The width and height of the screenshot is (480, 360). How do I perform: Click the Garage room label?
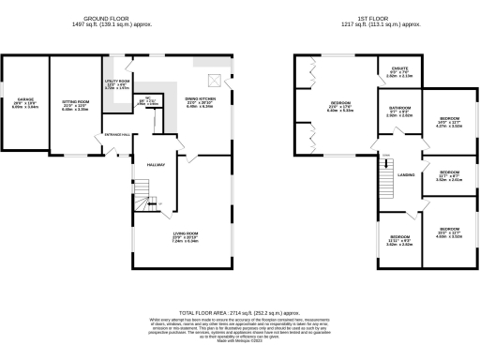25,101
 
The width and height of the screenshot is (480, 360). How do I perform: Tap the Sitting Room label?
74,101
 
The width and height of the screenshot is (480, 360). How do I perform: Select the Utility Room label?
117,83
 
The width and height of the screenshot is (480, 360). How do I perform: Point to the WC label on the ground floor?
148,99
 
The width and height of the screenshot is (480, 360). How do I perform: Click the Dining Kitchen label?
200,101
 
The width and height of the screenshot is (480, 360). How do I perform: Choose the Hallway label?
156,165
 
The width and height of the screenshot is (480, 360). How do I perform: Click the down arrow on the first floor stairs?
384,157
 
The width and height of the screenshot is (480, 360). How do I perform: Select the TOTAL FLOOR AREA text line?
240,312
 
